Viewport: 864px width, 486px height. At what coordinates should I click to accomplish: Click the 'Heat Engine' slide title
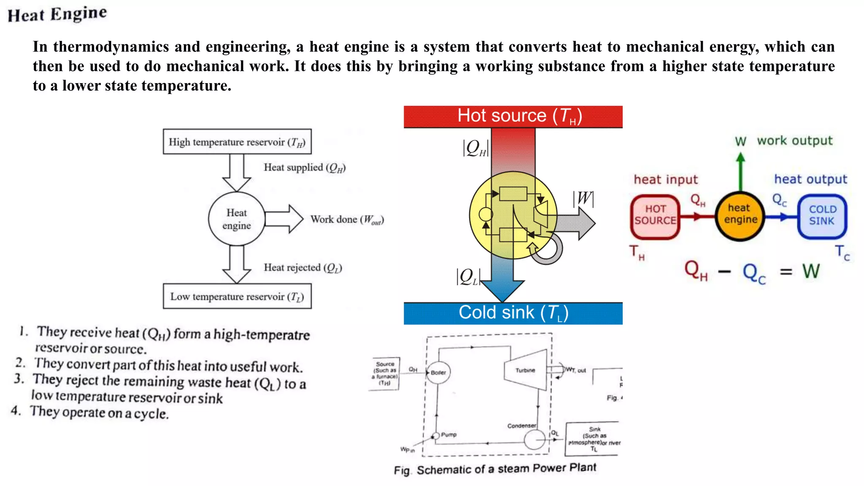(57, 14)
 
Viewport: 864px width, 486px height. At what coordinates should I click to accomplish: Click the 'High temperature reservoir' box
(237, 142)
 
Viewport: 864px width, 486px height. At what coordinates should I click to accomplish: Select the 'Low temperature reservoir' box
(237, 296)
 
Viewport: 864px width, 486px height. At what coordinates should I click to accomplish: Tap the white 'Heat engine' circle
(237, 219)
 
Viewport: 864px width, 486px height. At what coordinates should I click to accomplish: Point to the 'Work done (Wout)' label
(347, 220)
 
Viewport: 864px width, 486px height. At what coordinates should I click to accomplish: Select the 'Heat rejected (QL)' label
(302, 268)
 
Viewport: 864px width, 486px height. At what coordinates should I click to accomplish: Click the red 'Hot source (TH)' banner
(513, 116)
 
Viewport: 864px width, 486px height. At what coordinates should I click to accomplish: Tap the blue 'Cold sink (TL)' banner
(513, 313)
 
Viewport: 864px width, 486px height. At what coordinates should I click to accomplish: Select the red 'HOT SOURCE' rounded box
(655, 216)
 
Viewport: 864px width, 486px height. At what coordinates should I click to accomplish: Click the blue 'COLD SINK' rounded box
(822, 216)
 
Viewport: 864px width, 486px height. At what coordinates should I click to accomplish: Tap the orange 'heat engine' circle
(740, 216)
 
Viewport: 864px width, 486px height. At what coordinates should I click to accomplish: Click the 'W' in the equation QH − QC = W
(811, 272)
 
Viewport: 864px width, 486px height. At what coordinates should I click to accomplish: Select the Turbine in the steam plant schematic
(526, 370)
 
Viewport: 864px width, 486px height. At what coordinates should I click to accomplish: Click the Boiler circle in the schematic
(438, 373)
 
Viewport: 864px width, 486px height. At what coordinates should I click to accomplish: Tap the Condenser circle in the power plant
(535, 440)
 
